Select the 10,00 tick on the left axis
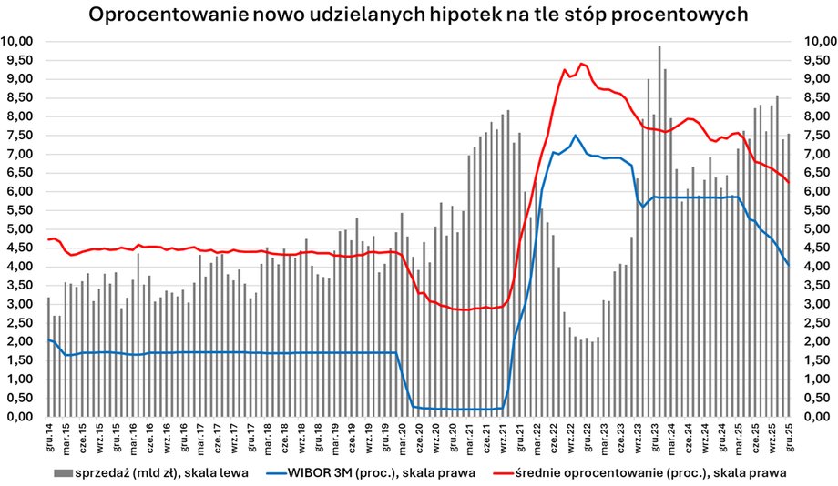click(x=19, y=41)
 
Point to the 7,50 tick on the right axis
click(x=815, y=135)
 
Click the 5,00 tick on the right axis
click(x=815, y=228)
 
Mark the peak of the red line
click(x=582, y=64)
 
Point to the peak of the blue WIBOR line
click(x=575, y=135)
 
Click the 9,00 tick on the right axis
click(x=815, y=78)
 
